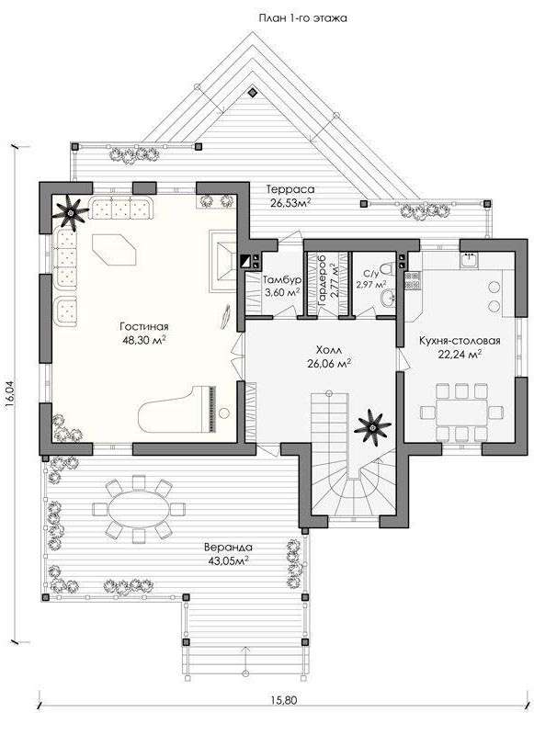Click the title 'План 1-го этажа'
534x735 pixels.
[302, 18]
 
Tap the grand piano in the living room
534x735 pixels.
[178, 410]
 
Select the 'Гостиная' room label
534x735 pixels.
[144, 327]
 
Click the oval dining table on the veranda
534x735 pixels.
[139, 509]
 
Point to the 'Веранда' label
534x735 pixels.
[228, 548]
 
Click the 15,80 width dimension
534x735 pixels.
[284, 700]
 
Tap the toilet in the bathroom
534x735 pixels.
[387, 268]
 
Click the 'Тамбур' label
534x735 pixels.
[282, 280]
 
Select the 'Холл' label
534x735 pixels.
[329, 350]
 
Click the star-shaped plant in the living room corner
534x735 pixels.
[71, 213]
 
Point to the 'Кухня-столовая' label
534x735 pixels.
[460, 341]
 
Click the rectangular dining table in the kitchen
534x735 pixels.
[461, 412]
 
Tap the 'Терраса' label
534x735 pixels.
[290, 190]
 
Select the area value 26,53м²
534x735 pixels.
[290, 202]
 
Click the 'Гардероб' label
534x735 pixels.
[322, 281]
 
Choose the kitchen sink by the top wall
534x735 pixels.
[469, 260]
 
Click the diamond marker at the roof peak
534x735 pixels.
[253, 92]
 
